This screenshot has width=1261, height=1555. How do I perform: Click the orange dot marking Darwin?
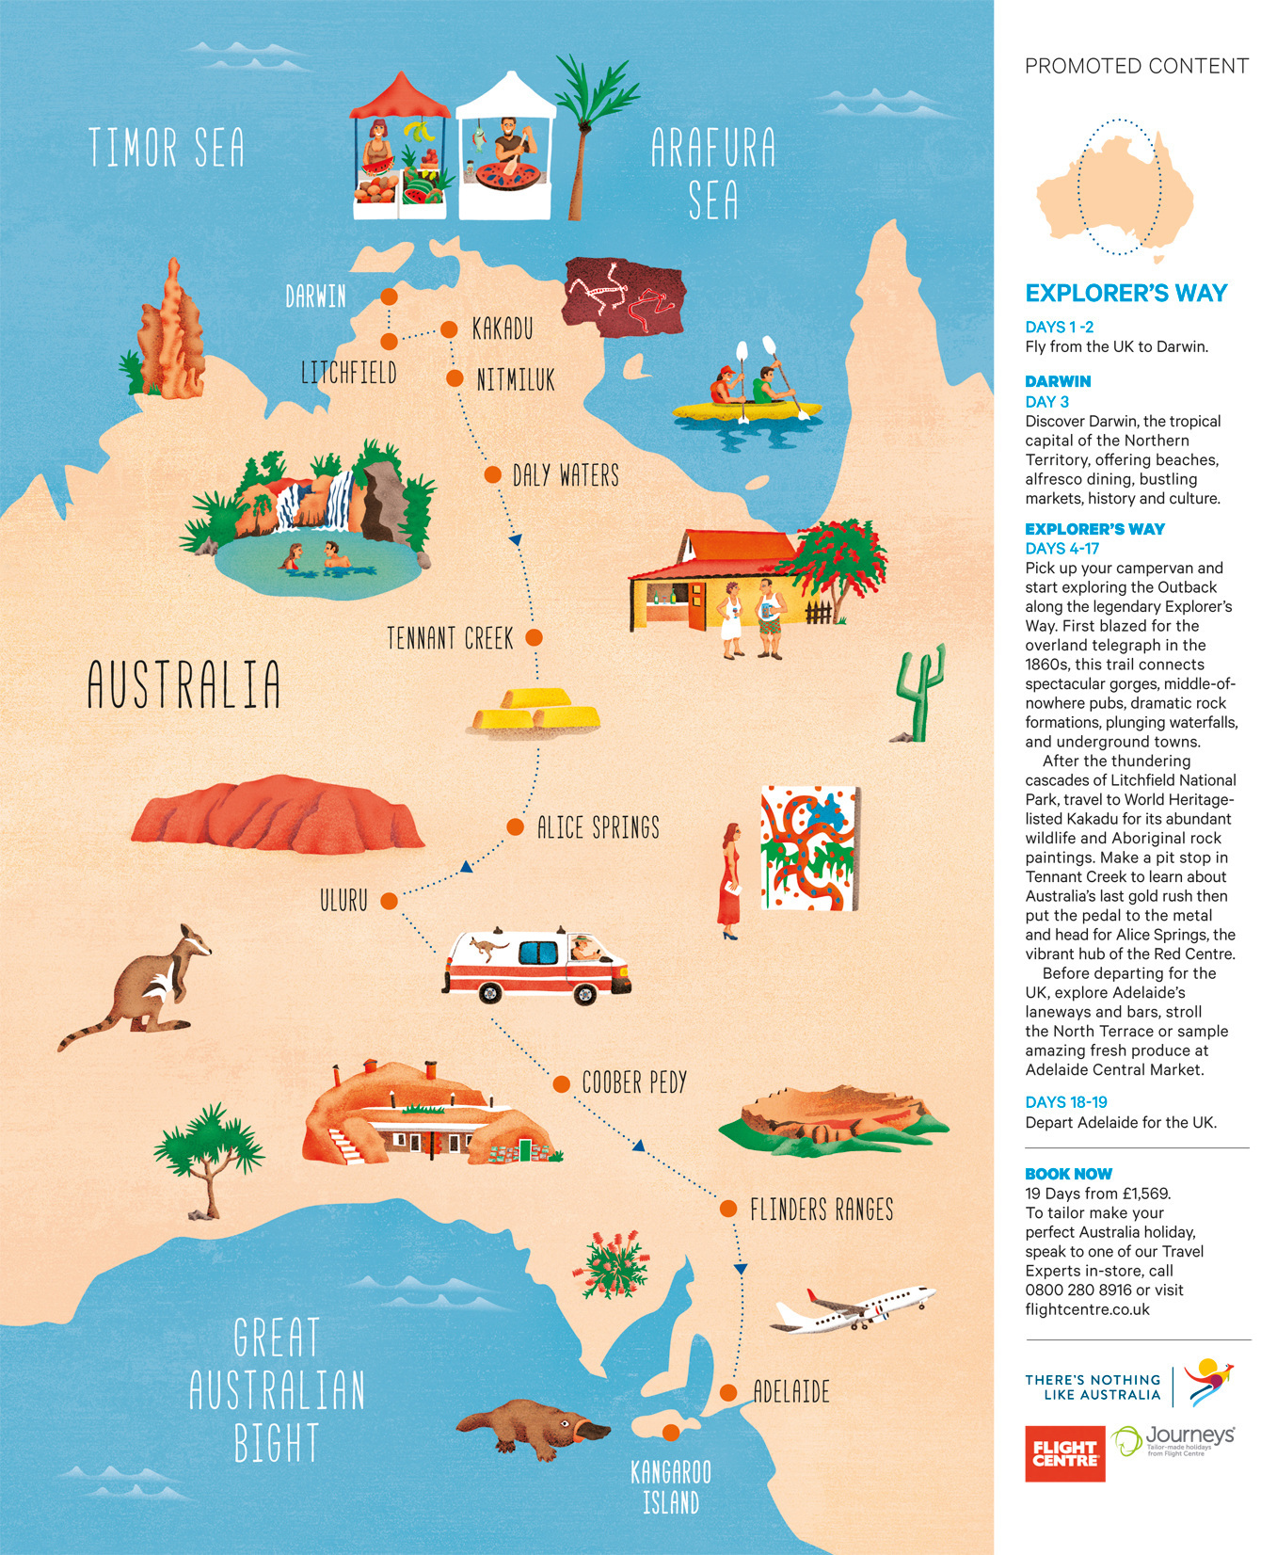pos(388,297)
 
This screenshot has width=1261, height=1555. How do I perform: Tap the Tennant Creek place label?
pos(450,639)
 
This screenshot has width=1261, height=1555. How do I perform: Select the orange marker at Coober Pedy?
pos(561,1084)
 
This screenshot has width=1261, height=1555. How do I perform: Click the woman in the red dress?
pos(729,880)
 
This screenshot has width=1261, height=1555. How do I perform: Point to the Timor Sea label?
pos(167,149)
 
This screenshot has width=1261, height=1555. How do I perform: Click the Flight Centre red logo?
pos(1064,1453)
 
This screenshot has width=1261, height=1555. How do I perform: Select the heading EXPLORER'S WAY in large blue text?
pos(1125,294)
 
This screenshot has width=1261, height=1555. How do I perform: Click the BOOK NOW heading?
pos(1068,1174)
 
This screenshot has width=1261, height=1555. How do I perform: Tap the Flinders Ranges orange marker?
pos(727,1209)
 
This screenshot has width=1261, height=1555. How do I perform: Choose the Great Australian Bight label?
pos(277,1389)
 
